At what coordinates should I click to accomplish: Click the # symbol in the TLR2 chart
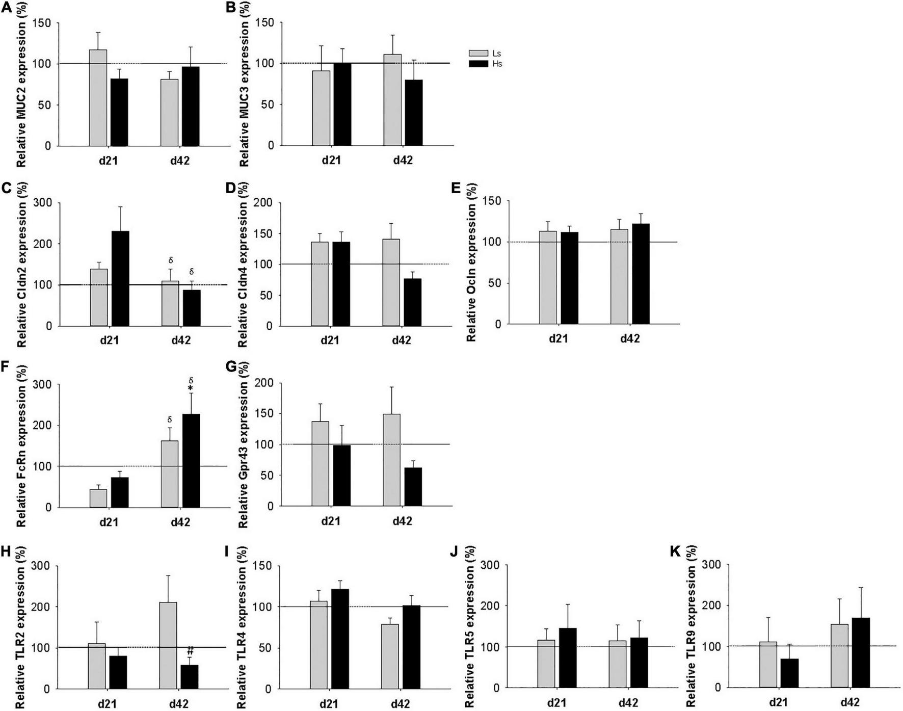[x=190, y=651]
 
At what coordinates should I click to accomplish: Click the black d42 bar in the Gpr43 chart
[x=413, y=487]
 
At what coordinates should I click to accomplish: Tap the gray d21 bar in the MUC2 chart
[x=98, y=98]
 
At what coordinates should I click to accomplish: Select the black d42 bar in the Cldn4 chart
[x=412, y=302]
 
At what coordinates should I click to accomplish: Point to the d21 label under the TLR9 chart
[x=778, y=702]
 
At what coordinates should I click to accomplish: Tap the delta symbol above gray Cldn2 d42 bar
[x=171, y=261]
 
